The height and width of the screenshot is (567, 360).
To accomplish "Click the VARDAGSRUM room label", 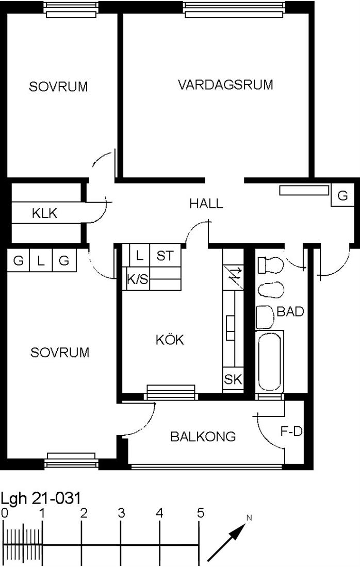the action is click(x=225, y=85).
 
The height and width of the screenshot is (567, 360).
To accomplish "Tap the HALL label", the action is click(x=206, y=204).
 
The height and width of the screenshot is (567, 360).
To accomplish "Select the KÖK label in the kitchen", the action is click(x=170, y=339).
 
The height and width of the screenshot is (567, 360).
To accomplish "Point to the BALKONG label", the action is click(x=203, y=437).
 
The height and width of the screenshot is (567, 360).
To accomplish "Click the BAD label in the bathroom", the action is click(x=290, y=311).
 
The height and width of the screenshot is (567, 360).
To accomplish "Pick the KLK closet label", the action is click(x=44, y=213).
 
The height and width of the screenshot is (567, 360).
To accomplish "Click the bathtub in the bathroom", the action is click(x=270, y=361).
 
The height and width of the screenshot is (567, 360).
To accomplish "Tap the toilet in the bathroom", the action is click(x=270, y=265).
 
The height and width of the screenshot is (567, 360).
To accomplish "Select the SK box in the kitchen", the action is click(x=233, y=379).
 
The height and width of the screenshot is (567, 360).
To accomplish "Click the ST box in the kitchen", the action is click(x=165, y=256).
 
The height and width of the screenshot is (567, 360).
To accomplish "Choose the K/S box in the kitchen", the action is click(x=138, y=279).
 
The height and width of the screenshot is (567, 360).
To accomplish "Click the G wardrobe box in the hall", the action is click(x=342, y=196).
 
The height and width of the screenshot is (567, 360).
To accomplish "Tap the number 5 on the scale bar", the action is click(x=201, y=513).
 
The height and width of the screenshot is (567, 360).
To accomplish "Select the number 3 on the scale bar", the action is click(x=121, y=513).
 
